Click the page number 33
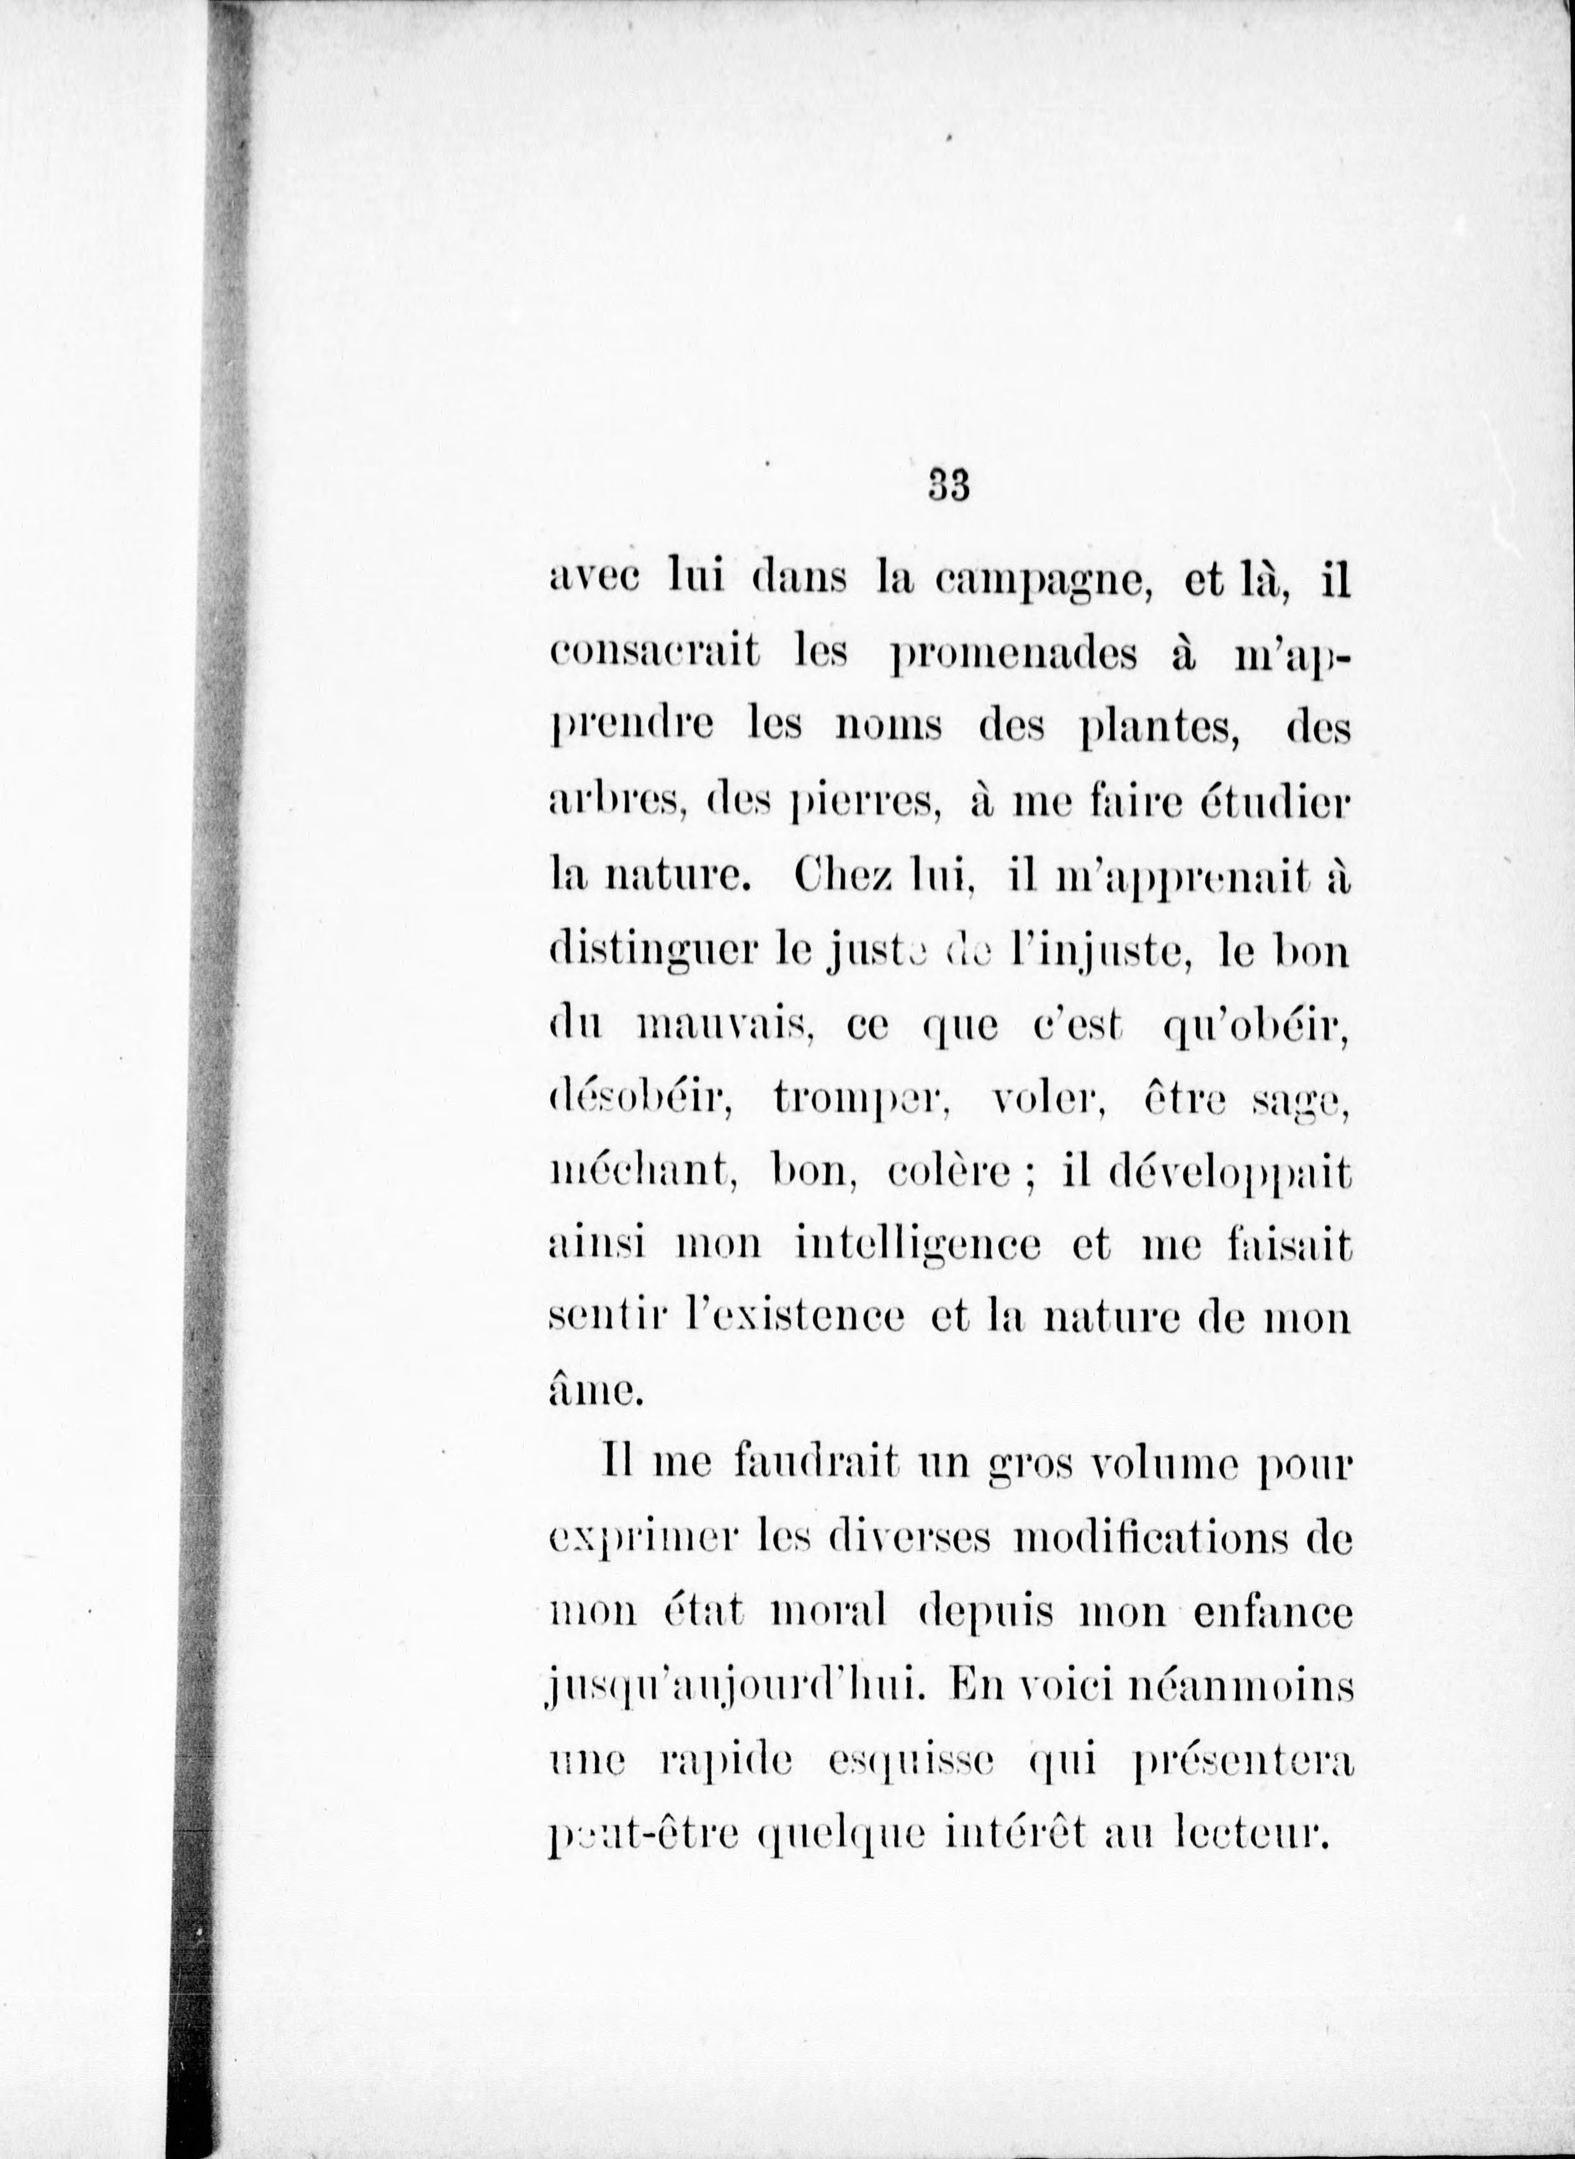948,487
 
